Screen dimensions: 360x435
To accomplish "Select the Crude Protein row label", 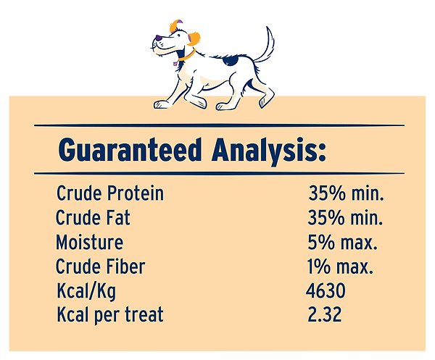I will click(109, 194).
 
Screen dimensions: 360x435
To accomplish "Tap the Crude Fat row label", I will click(93, 217).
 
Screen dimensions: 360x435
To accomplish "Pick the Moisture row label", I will click(89, 242).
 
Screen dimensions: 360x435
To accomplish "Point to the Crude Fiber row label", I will click(100, 267).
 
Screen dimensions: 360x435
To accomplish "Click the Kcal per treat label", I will click(109, 315).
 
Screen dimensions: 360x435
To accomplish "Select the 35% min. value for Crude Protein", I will click(346, 194).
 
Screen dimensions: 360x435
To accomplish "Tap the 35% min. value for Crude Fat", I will click(346, 217).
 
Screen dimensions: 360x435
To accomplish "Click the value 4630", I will click(326, 290).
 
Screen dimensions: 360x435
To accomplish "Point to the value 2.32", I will click(324, 315).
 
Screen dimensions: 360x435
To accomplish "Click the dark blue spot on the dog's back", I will click(231, 61).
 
